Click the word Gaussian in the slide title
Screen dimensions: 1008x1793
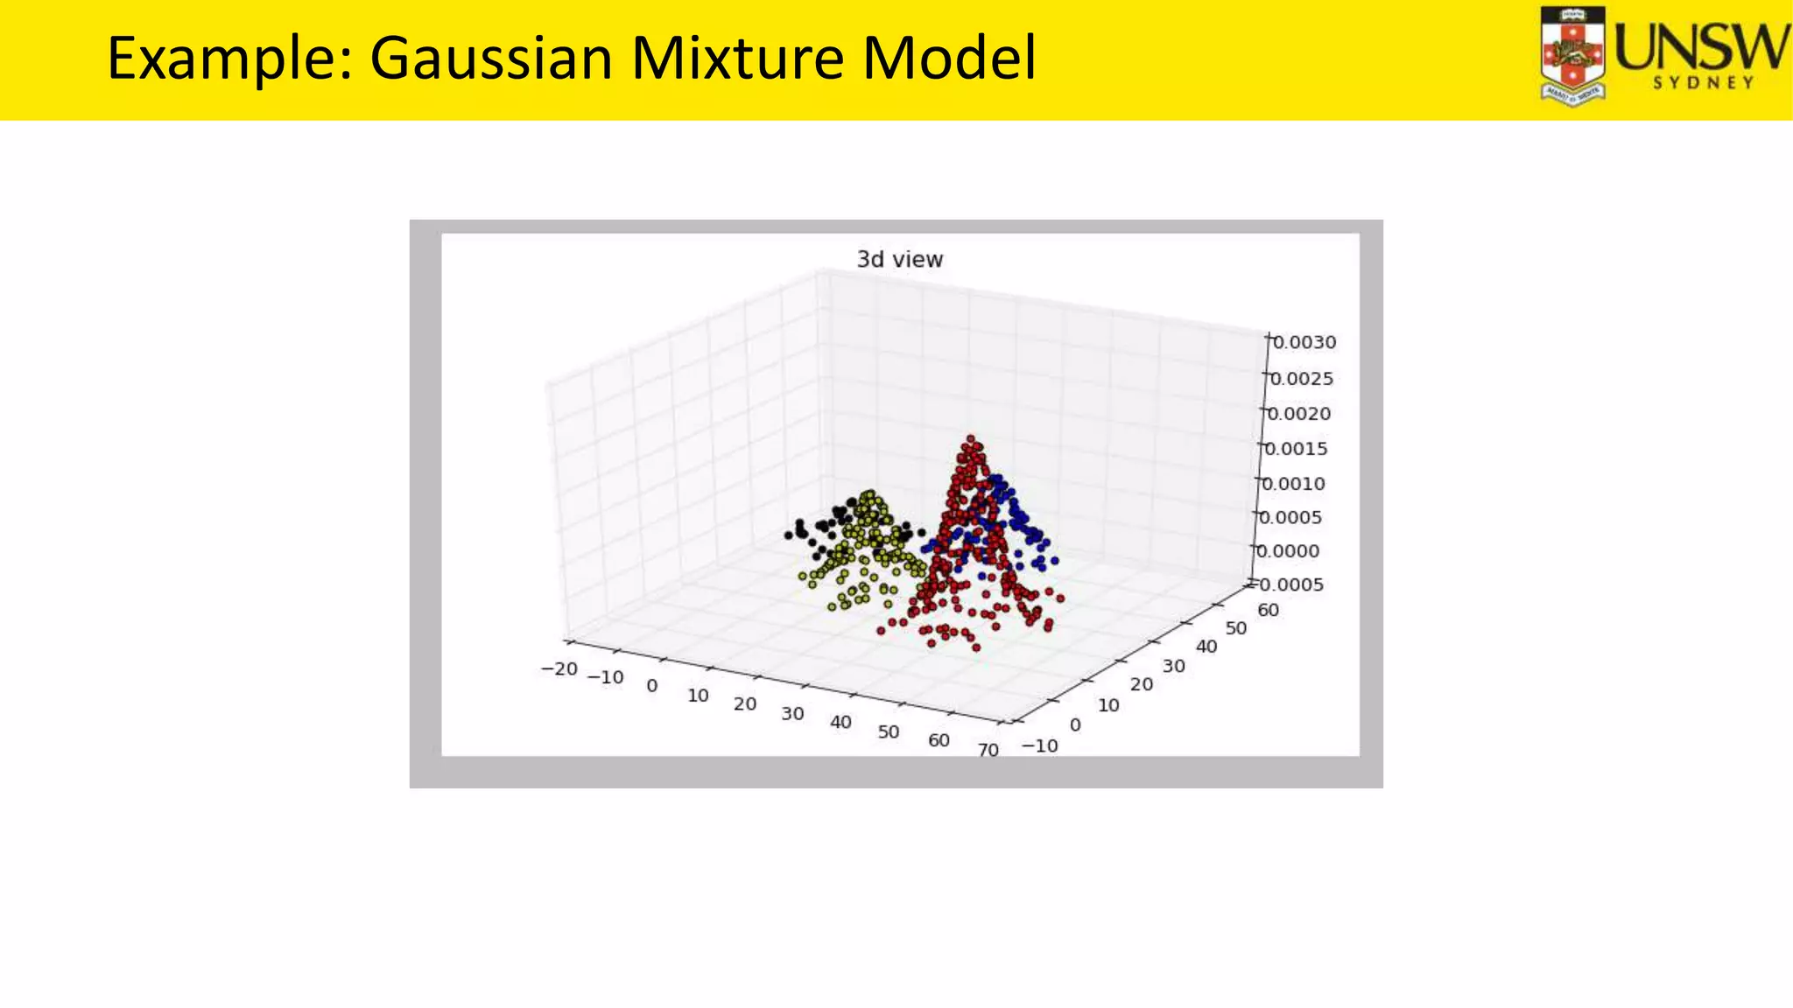point(491,59)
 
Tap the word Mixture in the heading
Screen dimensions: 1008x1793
point(738,59)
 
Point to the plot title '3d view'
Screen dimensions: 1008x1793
point(899,260)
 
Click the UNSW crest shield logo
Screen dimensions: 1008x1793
point(1572,56)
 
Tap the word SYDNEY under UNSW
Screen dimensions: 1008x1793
point(1703,83)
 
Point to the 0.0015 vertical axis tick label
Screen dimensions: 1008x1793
point(1296,449)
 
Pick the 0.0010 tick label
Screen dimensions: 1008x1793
point(1293,484)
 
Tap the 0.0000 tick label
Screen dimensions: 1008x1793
point(1288,551)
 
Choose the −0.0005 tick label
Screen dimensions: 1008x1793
point(1286,584)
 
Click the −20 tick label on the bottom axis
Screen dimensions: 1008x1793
point(559,669)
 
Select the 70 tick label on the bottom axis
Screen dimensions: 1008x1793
point(988,750)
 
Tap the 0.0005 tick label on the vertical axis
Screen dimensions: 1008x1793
point(1290,518)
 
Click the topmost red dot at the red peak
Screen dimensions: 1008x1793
point(970,439)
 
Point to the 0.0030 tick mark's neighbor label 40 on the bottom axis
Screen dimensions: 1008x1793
point(840,722)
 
